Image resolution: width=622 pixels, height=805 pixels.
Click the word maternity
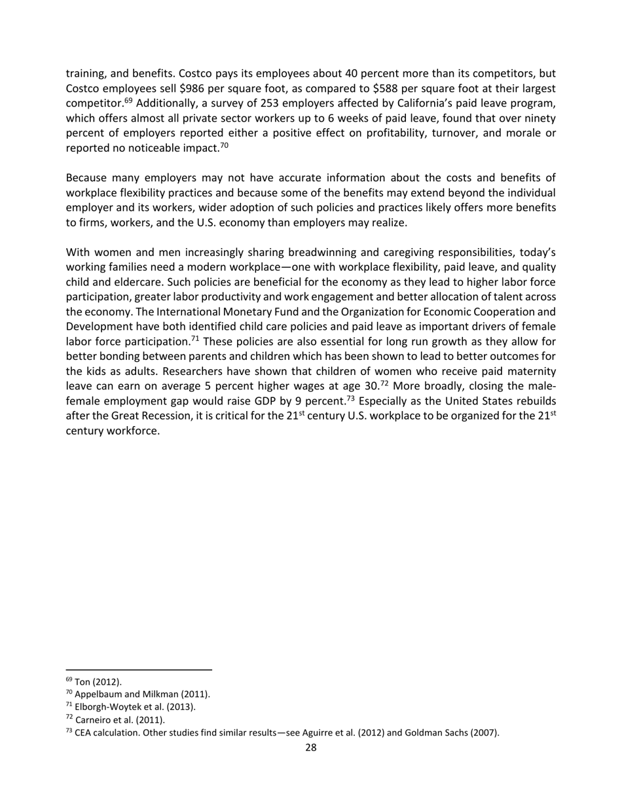pyautogui.click(x=529, y=371)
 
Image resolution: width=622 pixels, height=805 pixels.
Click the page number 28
pyautogui.click(x=311, y=748)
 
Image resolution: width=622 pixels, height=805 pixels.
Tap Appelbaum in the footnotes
pyautogui.click(x=100, y=694)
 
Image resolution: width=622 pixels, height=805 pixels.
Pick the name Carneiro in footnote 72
pyautogui.click(x=94, y=720)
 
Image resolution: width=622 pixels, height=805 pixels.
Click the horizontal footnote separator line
pyautogui.click(x=139, y=670)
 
